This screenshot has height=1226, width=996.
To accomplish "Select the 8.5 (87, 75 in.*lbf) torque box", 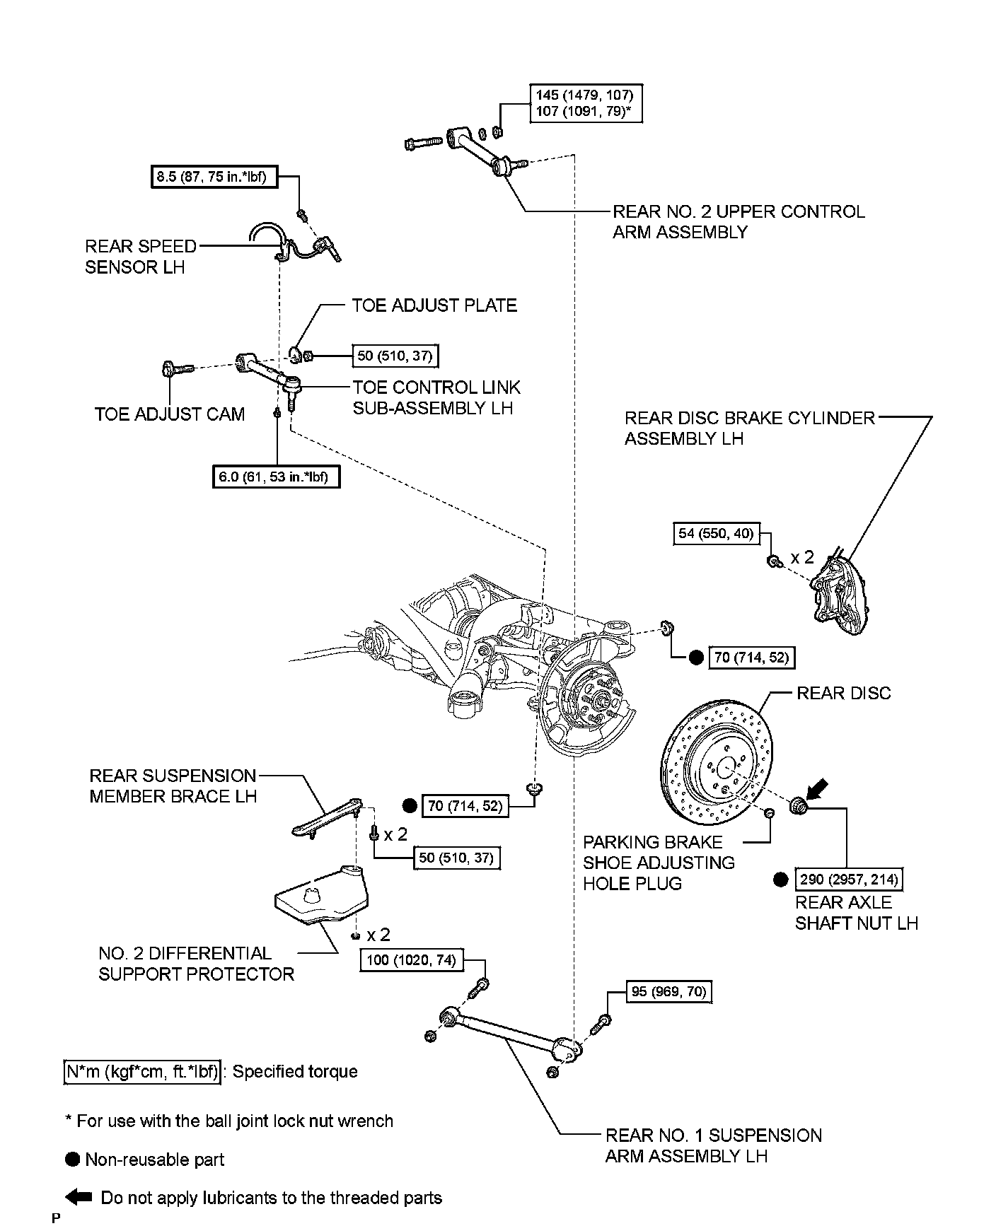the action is pyautogui.click(x=214, y=177).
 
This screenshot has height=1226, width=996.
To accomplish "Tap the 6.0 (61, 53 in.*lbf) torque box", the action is pyautogui.click(x=276, y=477).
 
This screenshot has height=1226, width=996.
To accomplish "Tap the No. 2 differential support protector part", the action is pyautogui.click(x=320, y=894).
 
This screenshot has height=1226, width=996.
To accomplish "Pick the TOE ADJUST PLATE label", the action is pyautogui.click(x=434, y=305).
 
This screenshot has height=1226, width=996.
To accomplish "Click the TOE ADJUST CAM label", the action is pyautogui.click(x=170, y=414).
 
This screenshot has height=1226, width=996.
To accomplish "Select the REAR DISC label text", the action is pyautogui.click(x=844, y=694).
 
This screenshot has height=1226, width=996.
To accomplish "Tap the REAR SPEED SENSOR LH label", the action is pyautogui.click(x=141, y=257).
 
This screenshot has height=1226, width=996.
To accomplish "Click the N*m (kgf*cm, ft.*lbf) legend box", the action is pyautogui.click(x=142, y=1072).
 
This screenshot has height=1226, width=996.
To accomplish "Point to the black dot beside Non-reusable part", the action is pyautogui.click(x=72, y=1160).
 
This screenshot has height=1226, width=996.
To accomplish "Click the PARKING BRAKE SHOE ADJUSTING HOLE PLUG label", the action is pyautogui.click(x=659, y=863).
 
